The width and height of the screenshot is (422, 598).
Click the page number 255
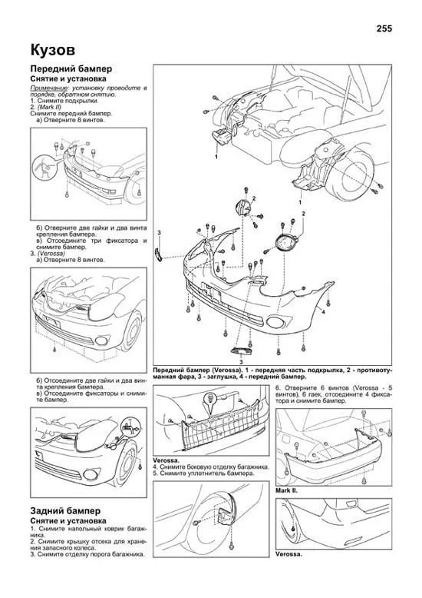point(384,28)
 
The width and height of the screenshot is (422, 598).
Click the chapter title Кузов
point(53,50)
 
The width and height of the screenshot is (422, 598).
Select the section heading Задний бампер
point(65,511)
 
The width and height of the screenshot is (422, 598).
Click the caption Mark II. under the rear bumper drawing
point(286,491)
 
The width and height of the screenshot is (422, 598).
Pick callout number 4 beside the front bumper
point(323,311)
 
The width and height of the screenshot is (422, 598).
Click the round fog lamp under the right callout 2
point(284,243)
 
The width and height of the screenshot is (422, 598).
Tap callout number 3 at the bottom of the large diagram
point(241,360)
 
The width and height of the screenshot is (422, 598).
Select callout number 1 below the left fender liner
point(216,156)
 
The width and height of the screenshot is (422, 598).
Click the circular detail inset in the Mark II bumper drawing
point(45,168)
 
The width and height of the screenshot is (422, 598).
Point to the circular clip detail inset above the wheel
point(130,429)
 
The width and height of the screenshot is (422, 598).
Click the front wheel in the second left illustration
point(130,333)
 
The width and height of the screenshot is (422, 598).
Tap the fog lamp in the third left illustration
point(91,474)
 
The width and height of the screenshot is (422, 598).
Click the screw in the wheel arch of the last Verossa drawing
point(293,529)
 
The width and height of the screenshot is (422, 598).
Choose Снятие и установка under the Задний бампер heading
point(68,521)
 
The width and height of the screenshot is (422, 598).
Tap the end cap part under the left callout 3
point(158,254)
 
